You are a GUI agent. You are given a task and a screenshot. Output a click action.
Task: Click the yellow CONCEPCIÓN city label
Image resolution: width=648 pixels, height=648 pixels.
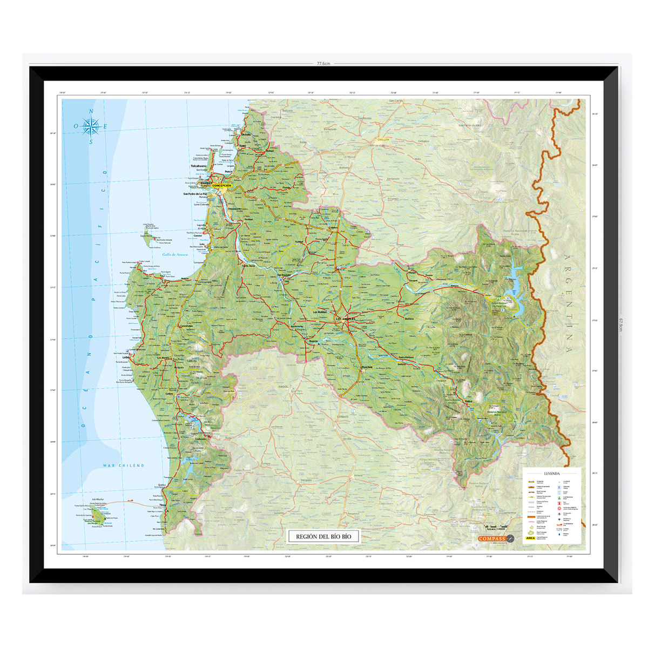pyautogui.click(x=222, y=186)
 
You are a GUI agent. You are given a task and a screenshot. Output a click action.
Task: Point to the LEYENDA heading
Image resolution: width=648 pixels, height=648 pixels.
pyautogui.click(x=551, y=473)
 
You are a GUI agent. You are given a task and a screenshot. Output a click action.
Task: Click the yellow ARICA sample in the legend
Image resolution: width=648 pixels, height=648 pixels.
pyautogui.click(x=530, y=538)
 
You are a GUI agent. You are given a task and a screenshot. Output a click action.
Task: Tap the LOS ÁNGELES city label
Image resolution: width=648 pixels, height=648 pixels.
pyautogui.click(x=346, y=319)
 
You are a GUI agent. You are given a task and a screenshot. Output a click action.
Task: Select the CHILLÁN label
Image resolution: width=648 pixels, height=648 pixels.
pyautogui.click(x=383, y=140)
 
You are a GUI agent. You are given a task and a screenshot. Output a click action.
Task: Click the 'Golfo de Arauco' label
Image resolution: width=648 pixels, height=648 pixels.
pyautogui.click(x=175, y=254)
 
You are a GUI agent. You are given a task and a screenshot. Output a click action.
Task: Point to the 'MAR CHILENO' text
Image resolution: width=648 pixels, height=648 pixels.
pyautogui.click(x=124, y=465)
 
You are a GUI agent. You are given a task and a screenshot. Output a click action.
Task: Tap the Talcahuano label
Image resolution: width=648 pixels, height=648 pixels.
pyautogui.click(x=199, y=166)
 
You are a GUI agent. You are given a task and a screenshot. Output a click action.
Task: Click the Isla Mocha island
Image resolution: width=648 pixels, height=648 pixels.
pyautogui.click(x=98, y=515)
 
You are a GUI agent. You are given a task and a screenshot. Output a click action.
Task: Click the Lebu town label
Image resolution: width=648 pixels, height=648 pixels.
pyautogui.click(x=126, y=357)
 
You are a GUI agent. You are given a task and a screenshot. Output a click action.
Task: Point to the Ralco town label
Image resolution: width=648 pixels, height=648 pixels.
pyautogui.click(x=468, y=401)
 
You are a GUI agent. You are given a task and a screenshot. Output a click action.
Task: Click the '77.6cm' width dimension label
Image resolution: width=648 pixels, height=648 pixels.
pyautogui.click(x=323, y=64)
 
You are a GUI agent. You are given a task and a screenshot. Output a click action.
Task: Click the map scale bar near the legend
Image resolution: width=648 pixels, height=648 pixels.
pyautogui.click(x=496, y=526)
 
